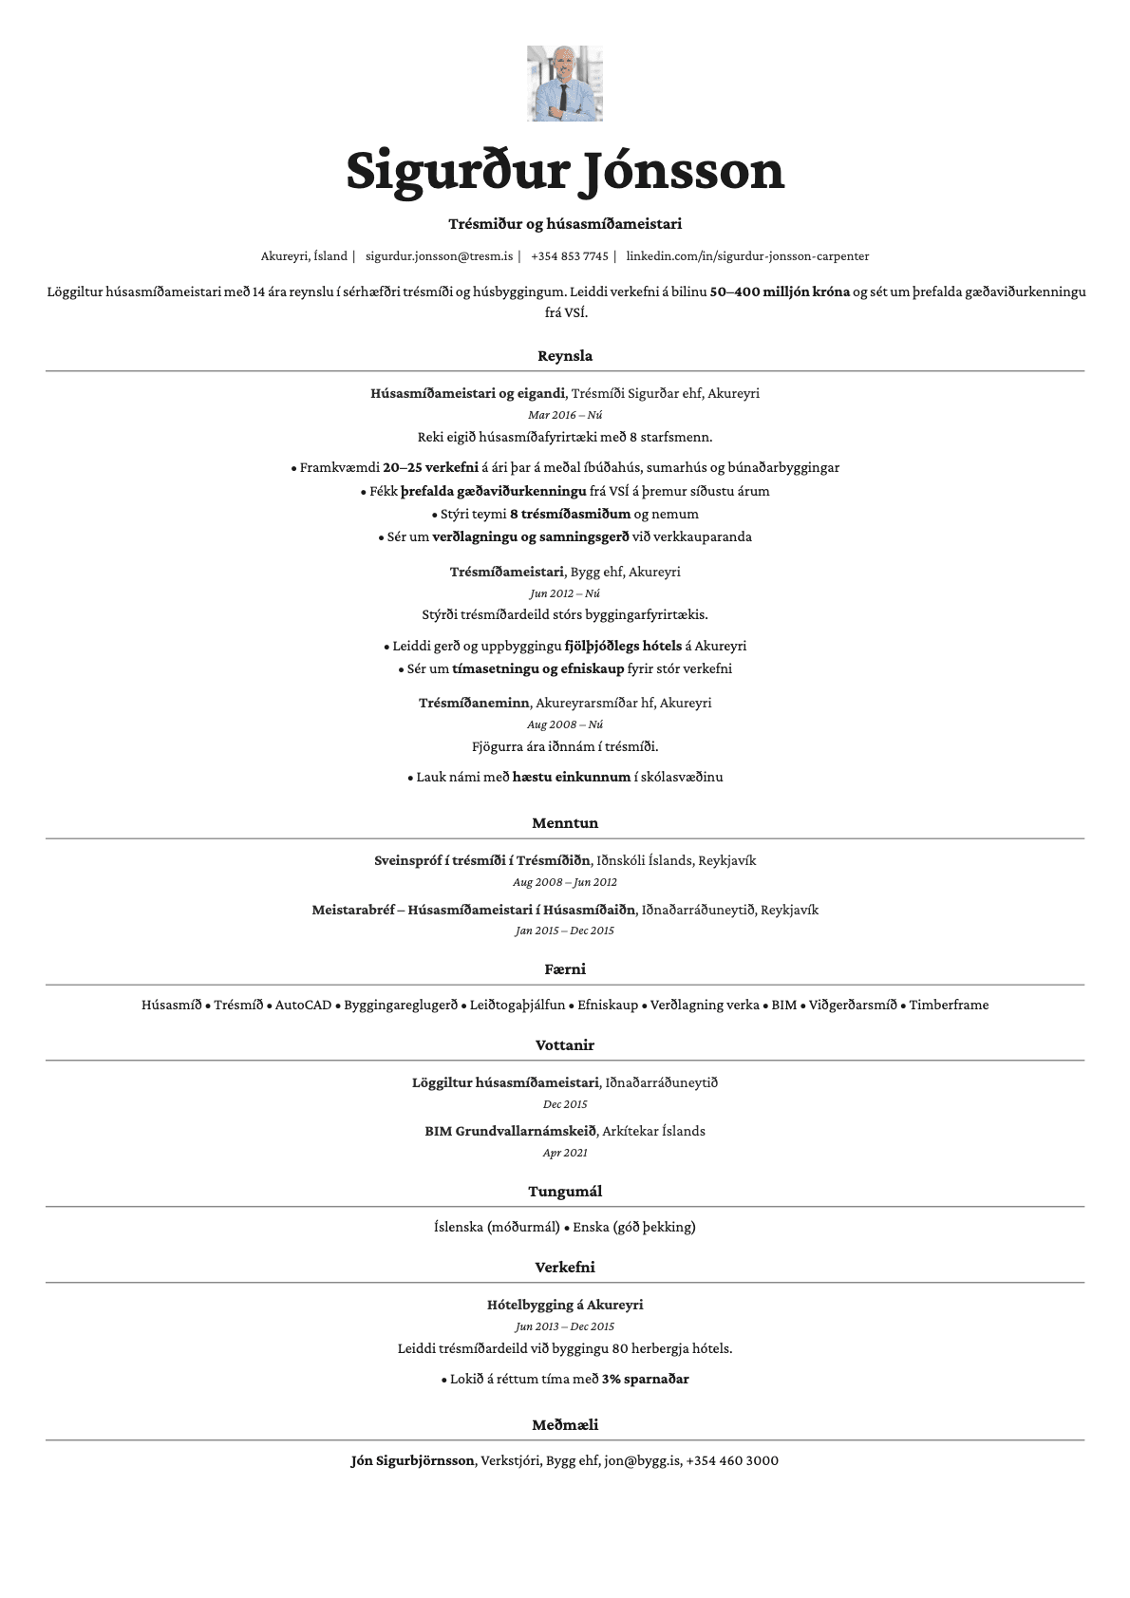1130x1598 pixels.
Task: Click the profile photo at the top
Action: click(565, 84)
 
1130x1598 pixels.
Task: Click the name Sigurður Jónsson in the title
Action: click(565, 171)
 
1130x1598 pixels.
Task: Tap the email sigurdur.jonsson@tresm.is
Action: click(439, 256)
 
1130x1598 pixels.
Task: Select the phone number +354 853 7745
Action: click(570, 256)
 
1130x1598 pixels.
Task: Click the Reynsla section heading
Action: click(565, 356)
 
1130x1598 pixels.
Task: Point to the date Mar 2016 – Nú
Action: click(565, 415)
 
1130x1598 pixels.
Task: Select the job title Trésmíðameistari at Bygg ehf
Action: click(506, 572)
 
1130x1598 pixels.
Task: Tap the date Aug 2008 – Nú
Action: click(565, 724)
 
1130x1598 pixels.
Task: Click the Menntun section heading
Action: click(565, 823)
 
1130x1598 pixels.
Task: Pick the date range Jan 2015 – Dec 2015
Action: click(565, 931)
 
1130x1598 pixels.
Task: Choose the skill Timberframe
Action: click(949, 1005)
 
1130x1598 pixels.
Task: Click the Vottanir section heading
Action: click(565, 1045)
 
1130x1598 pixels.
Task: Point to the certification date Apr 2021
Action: click(565, 1153)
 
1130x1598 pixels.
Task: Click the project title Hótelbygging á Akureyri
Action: click(565, 1305)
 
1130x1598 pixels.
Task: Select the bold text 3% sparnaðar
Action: click(645, 1379)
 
